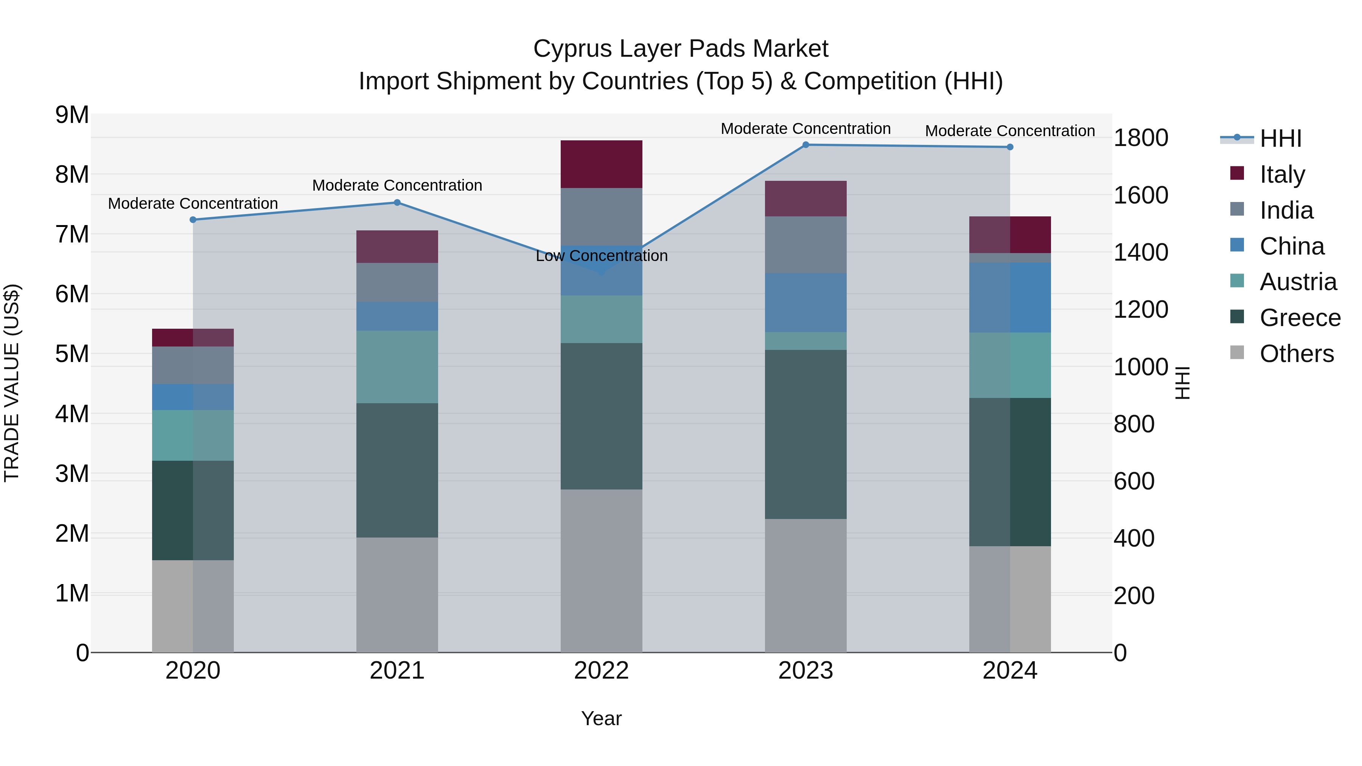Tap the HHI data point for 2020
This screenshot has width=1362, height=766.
click(x=193, y=220)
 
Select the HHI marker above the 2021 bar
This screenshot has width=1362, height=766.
click(x=397, y=202)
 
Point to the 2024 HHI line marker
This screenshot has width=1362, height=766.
click(x=1010, y=147)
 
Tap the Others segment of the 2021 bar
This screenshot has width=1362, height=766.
click(x=397, y=595)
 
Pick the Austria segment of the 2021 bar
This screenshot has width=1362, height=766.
click(x=397, y=367)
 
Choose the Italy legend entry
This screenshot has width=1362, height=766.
click(x=1282, y=174)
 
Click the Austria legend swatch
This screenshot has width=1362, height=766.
click(x=1237, y=281)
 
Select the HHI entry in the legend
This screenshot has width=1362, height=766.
click(x=1280, y=138)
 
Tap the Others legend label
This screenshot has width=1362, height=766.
click(x=1297, y=354)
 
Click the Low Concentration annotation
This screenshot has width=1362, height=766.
click(x=601, y=256)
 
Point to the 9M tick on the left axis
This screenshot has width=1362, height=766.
click(x=72, y=115)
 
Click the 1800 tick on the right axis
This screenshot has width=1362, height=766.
click(x=1140, y=138)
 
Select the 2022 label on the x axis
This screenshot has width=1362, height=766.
click(x=601, y=670)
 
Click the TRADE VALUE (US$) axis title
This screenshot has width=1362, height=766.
click(x=12, y=383)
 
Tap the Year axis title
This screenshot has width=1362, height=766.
click(x=601, y=718)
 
